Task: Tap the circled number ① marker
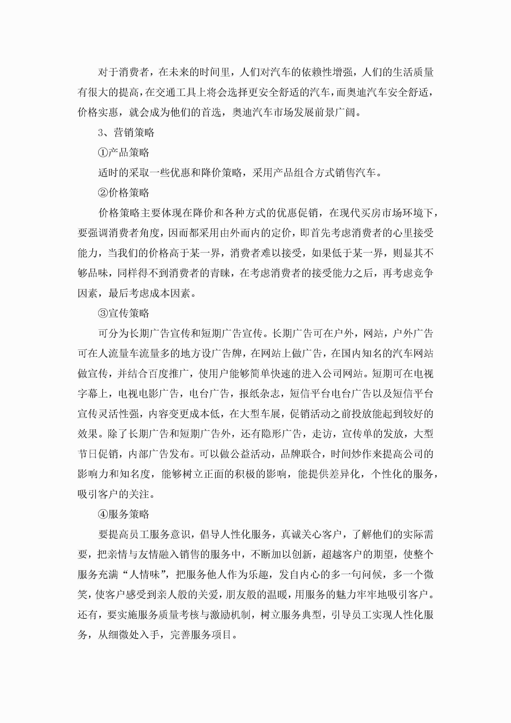click(103, 153)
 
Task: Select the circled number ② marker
click(103, 193)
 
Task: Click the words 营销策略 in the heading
click(134, 133)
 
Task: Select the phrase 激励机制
click(230, 615)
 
